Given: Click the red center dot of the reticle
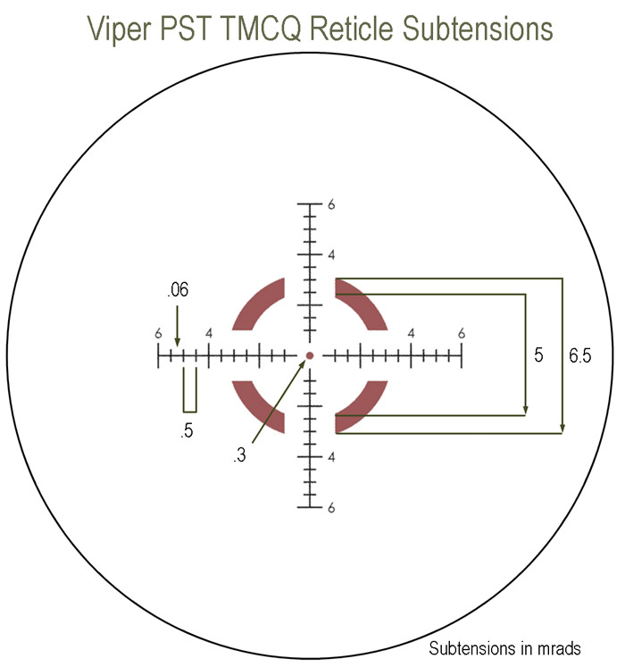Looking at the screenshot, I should pyautogui.click(x=310, y=356).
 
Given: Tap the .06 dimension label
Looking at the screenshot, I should pyautogui.click(x=177, y=291).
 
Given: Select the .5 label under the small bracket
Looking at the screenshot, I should pyautogui.click(x=187, y=431).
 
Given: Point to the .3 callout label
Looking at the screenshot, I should pyautogui.click(x=239, y=456).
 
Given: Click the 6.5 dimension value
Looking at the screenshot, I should pyautogui.click(x=579, y=355).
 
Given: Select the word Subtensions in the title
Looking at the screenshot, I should pyautogui.click(x=472, y=29).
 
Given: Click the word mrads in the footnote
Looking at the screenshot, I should pyautogui.click(x=559, y=647).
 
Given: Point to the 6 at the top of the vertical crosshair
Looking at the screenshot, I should pyautogui.click(x=331, y=204).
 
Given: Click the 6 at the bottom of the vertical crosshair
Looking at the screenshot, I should pyautogui.click(x=331, y=508).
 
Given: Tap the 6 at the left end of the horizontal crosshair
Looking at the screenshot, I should pyautogui.click(x=158, y=334).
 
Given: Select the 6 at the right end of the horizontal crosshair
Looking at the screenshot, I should pyautogui.click(x=462, y=334).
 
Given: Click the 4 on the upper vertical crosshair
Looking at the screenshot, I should pyautogui.click(x=331, y=255).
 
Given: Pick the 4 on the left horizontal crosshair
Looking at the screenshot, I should pyautogui.click(x=209, y=334).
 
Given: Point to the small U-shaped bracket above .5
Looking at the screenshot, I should pyautogui.click(x=189, y=390).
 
